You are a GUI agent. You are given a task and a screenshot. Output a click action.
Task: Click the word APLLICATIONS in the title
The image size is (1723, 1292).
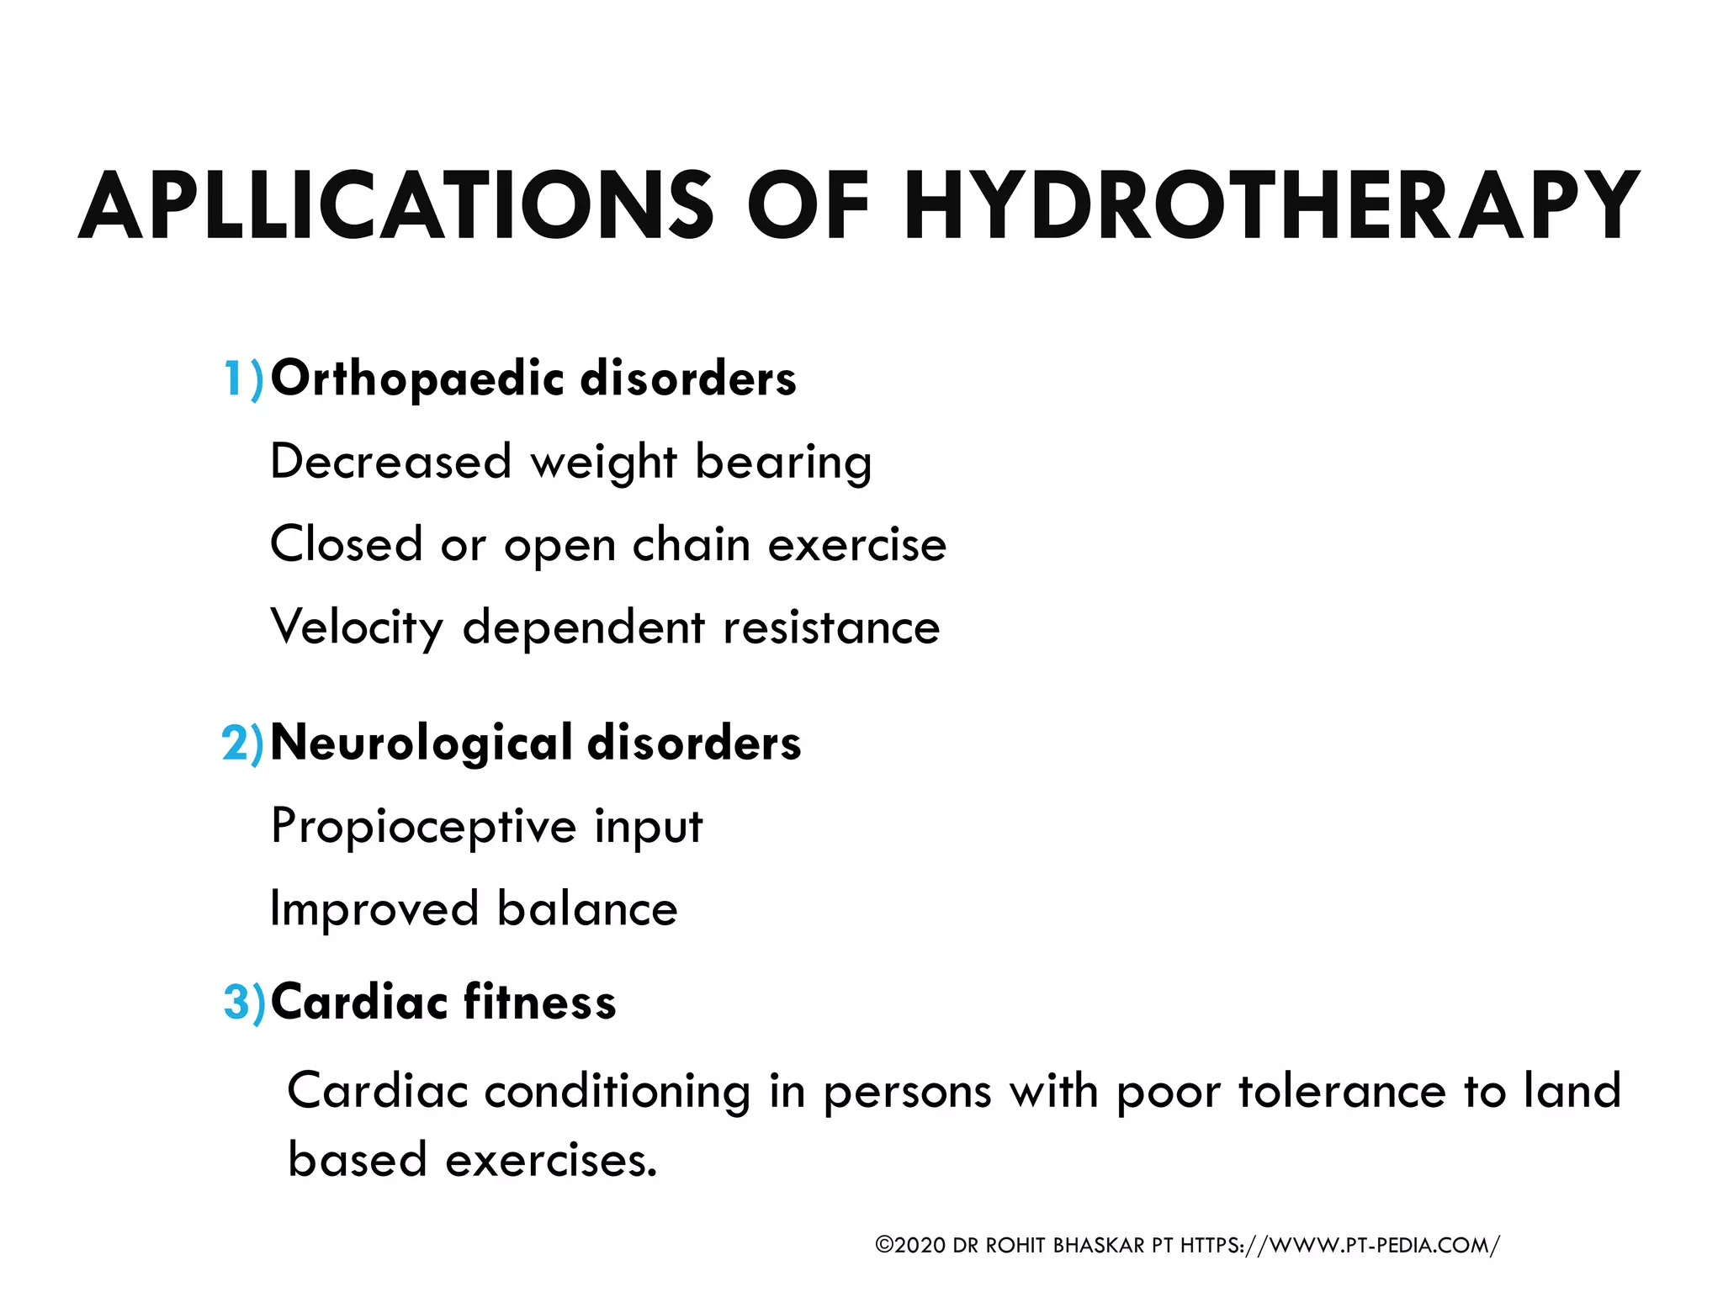tap(395, 206)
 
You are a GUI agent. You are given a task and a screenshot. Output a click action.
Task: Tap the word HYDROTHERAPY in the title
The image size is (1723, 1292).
tap(1270, 206)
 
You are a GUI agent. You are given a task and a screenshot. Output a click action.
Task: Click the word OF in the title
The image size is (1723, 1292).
tap(808, 206)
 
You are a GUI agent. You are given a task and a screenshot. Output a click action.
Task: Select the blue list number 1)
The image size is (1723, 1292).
tap(243, 379)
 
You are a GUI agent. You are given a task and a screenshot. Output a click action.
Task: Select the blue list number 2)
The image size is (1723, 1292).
tap(242, 744)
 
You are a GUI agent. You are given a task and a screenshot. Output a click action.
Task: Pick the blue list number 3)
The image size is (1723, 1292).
tap(244, 1002)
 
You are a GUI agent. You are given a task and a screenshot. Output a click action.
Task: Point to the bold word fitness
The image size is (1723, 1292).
tap(539, 1002)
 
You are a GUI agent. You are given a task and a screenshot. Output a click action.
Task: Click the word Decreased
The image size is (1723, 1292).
tap(390, 462)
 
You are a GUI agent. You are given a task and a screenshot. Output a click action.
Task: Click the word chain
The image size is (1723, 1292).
tap(691, 544)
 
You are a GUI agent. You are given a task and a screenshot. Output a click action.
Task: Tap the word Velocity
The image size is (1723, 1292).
tap(357, 628)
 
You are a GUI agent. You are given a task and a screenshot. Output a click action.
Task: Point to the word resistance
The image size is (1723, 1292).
tap(831, 628)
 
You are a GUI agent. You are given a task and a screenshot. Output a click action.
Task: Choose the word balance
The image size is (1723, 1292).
tap(587, 909)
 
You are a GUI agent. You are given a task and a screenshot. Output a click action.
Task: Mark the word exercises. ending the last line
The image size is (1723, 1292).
tap(551, 1161)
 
